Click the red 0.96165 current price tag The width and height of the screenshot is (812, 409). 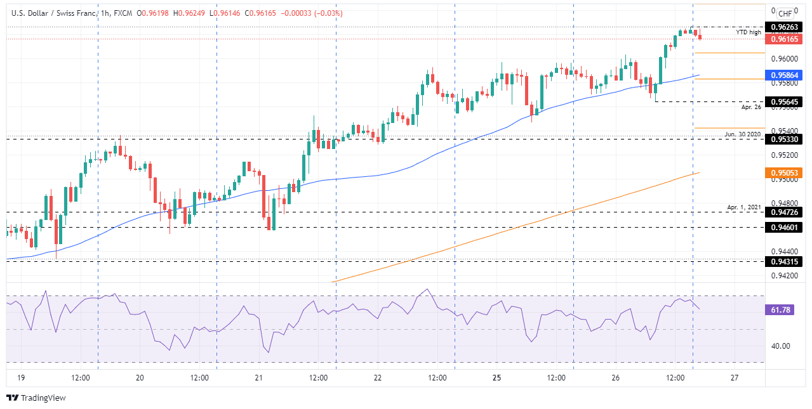pos(785,39)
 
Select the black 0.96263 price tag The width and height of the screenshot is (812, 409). pos(785,27)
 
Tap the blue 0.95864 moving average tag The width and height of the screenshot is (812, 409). pos(785,75)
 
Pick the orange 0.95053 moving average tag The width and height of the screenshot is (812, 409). pos(785,172)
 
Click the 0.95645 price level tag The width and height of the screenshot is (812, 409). pos(785,101)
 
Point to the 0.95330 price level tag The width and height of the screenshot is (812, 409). pos(785,139)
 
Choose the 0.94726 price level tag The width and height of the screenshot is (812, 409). pos(785,212)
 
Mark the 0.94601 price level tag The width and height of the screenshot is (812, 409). pos(785,227)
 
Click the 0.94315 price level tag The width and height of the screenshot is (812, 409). pos(785,261)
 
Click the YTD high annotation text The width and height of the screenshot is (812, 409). pos(749,32)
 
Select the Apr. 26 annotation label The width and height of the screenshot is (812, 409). pos(751,108)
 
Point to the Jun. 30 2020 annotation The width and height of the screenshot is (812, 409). pos(743,134)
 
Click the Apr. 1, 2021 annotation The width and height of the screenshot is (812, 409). pos(744,207)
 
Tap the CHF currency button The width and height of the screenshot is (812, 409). pos(785,13)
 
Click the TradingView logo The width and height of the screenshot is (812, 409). pos(36,398)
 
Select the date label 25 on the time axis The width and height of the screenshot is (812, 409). pos(496,378)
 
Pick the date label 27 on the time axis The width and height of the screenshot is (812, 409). pos(734,378)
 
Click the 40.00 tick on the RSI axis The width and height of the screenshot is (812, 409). pos(780,346)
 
